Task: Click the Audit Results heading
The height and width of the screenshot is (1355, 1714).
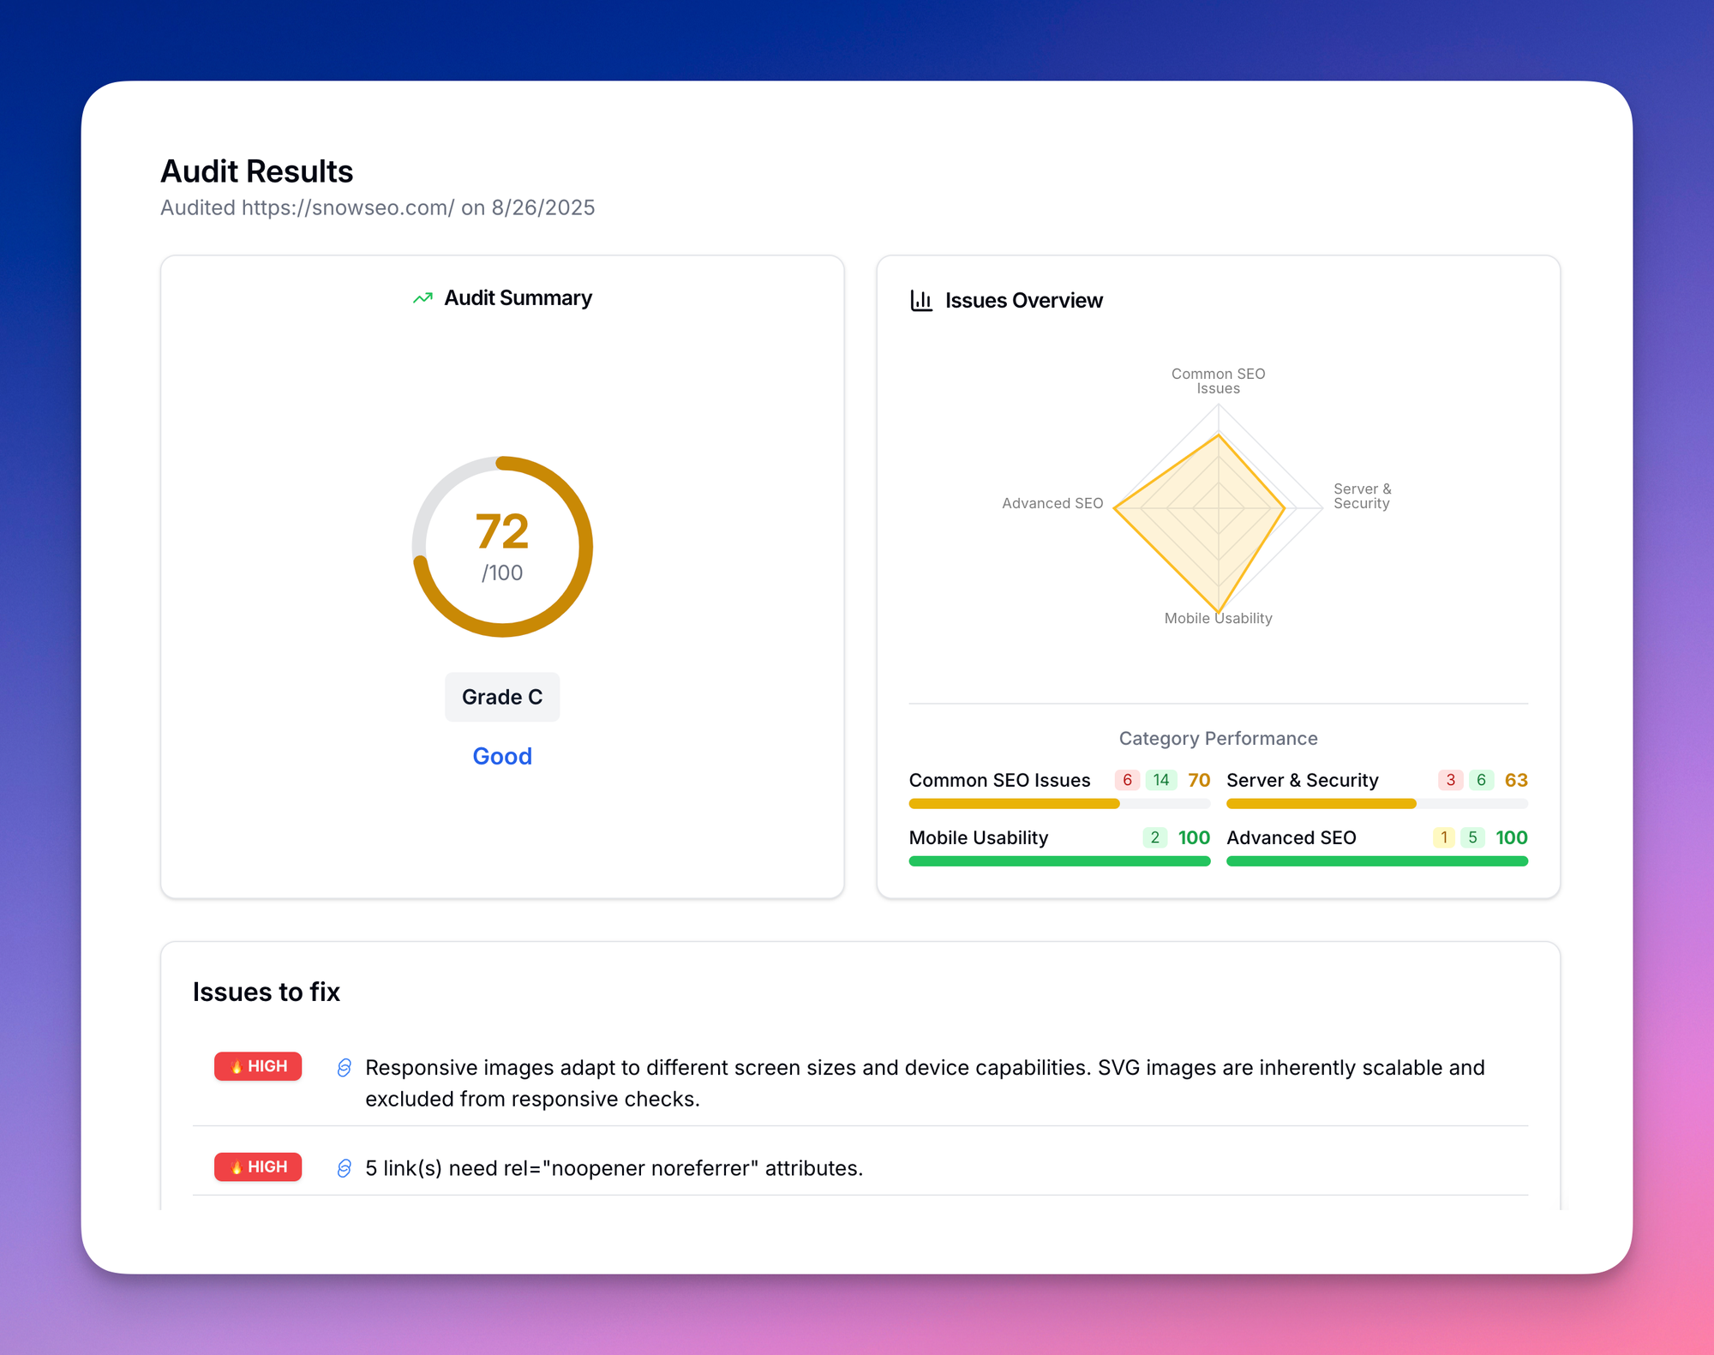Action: pyautogui.click(x=256, y=171)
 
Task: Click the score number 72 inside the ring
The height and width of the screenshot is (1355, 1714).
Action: pyautogui.click(x=502, y=531)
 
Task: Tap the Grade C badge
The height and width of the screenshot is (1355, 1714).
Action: pyautogui.click(x=502, y=697)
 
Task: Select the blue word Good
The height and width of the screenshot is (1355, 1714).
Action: pyautogui.click(x=502, y=756)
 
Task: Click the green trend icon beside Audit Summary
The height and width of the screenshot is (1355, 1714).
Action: pyautogui.click(x=423, y=298)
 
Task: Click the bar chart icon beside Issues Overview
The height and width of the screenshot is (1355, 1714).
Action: pyautogui.click(x=921, y=301)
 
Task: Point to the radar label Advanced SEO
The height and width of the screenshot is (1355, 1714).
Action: pyautogui.click(x=1052, y=503)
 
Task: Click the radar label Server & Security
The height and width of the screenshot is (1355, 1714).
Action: pyautogui.click(x=1362, y=496)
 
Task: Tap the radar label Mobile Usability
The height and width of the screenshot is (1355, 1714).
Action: pyautogui.click(x=1218, y=618)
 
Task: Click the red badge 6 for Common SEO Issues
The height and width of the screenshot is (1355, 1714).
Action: pyautogui.click(x=1127, y=780)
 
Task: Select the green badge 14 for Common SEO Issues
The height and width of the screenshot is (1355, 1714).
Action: pyautogui.click(x=1160, y=780)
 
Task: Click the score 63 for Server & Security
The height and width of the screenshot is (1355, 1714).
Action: pyautogui.click(x=1515, y=780)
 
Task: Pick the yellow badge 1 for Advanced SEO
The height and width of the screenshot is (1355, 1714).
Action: pyautogui.click(x=1443, y=837)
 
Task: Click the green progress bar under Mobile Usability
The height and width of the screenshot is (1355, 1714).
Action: pyautogui.click(x=1059, y=861)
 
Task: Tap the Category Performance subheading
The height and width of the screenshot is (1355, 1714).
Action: pyautogui.click(x=1218, y=738)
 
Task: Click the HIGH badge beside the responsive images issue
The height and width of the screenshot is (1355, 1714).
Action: pyautogui.click(x=258, y=1066)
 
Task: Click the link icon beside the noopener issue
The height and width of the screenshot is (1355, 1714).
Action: pyautogui.click(x=345, y=1168)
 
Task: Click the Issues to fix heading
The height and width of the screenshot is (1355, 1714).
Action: pyautogui.click(x=266, y=992)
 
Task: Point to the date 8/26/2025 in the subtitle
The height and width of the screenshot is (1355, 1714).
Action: pyautogui.click(x=542, y=207)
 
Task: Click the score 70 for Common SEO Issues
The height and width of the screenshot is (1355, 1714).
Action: pyautogui.click(x=1198, y=780)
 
